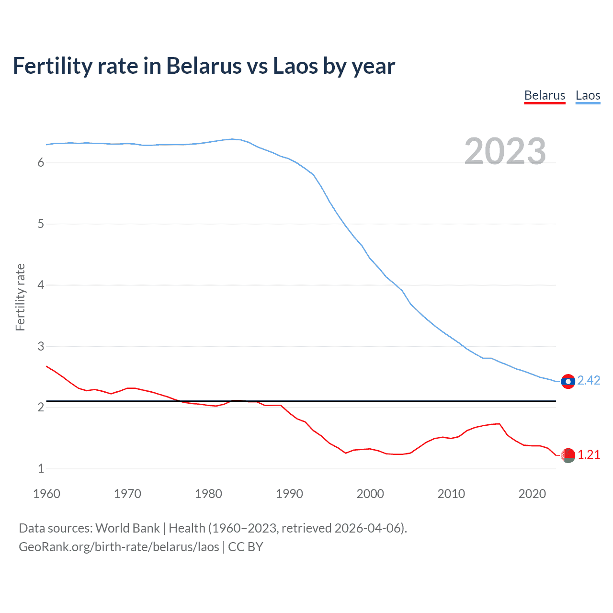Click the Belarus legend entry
pos(545,95)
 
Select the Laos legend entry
pos(588,95)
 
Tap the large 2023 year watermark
pos(505,151)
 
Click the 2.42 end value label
pos(589,380)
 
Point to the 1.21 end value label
pos(589,454)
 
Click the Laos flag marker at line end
pos(568,381)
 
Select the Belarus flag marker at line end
pos(568,455)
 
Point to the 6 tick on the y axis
pos(41,163)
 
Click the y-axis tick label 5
pos(41,224)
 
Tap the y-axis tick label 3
pos(41,346)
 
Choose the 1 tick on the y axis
pos(41,468)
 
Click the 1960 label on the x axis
pos(46,494)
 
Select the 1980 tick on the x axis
pos(208,494)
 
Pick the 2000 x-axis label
pos(370,494)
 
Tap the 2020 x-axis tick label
pos(532,494)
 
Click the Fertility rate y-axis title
pos(20,297)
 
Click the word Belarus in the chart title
pos(204,66)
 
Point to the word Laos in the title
pos(295,66)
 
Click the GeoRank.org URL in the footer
pos(119,547)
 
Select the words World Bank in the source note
pos(127,528)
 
